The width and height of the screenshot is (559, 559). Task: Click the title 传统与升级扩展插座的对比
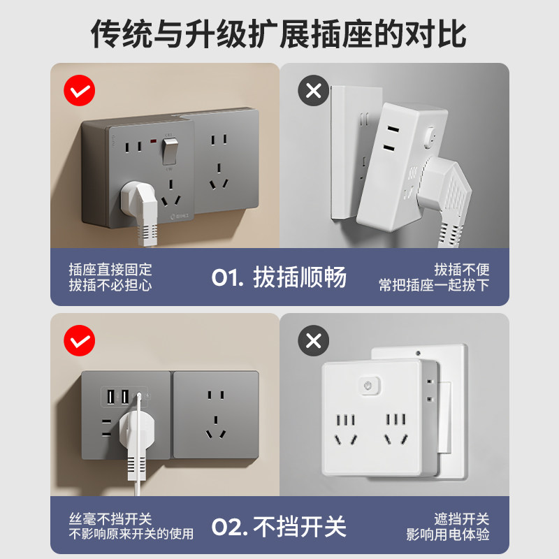pos(279,34)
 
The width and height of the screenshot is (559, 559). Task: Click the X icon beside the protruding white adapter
pos(314,90)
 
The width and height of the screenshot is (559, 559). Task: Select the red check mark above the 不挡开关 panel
pos(79,340)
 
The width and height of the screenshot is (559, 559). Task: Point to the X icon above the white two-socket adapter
pos(314,340)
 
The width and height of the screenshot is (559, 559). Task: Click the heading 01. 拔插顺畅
pos(279,277)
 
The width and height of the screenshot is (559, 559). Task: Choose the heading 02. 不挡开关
pos(279,526)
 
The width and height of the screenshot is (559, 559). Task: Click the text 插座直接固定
pos(110,270)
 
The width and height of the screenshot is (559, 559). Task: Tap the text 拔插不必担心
pos(110,285)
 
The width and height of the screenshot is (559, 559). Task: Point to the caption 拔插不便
pos(462,270)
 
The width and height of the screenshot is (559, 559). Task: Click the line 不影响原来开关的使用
pos(131,535)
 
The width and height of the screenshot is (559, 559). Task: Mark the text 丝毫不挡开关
pos(110,519)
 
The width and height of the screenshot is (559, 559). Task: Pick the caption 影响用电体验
pos(448,535)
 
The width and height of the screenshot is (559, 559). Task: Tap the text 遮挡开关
pos(462,519)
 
